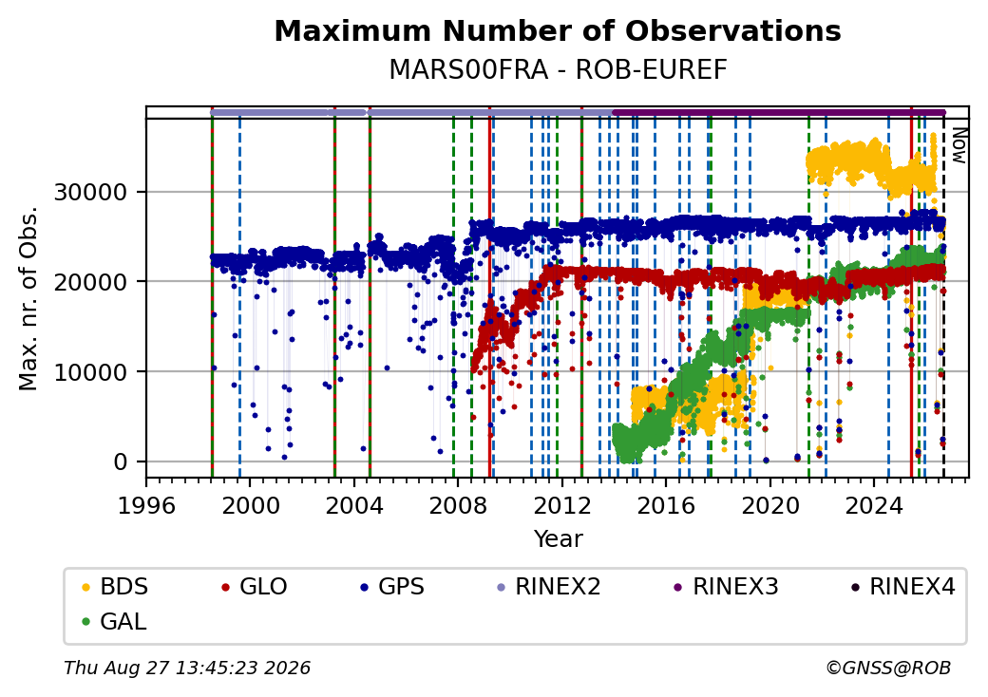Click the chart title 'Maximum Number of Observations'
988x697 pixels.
(x=558, y=30)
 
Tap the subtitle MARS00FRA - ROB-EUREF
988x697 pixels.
(x=558, y=70)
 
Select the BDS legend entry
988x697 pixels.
(x=116, y=587)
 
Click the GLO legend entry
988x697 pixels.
(x=255, y=587)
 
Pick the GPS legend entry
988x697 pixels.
(x=392, y=587)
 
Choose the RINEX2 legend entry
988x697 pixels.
(x=549, y=587)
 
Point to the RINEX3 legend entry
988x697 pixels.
(x=727, y=587)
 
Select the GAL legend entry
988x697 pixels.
(x=115, y=621)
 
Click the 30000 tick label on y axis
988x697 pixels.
(x=91, y=192)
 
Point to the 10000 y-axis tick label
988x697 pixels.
(x=91, y=372)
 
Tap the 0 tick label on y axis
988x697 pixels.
(x=121, y=462)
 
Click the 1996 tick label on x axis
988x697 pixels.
(x=146, y=505)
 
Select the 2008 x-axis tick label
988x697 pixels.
(x=458, y=505)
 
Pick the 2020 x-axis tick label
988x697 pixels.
(x=770, y=505)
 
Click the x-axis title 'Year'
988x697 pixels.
(x=559, y=539)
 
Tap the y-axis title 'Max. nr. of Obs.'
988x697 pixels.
(x=28, y=298)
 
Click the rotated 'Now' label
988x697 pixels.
(x=959, y=145)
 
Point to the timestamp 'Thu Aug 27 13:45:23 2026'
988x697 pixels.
(x=187, y=668)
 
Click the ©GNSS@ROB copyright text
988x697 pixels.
(x=888, y=668)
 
